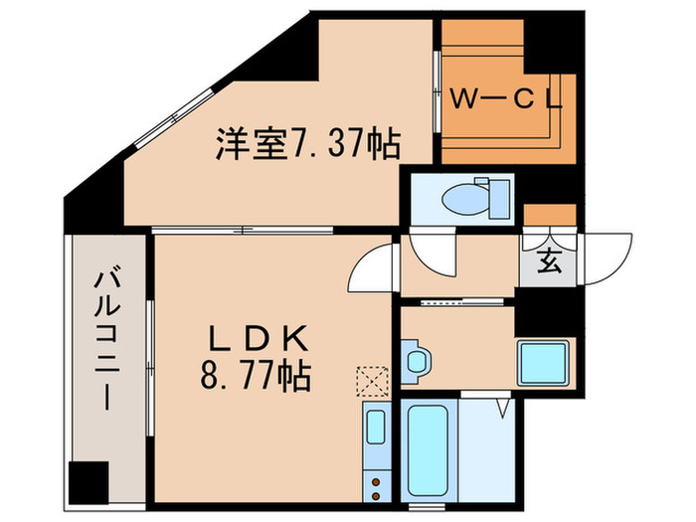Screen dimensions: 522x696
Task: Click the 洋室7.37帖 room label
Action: pos(308,147)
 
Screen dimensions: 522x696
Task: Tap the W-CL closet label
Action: pos(506,98)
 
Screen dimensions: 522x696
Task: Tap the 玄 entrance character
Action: pos(548,264)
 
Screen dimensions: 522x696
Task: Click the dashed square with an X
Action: pos(373,379)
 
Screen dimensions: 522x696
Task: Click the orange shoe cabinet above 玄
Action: pos(550,216)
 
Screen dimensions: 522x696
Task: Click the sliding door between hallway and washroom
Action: pos(457,300)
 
